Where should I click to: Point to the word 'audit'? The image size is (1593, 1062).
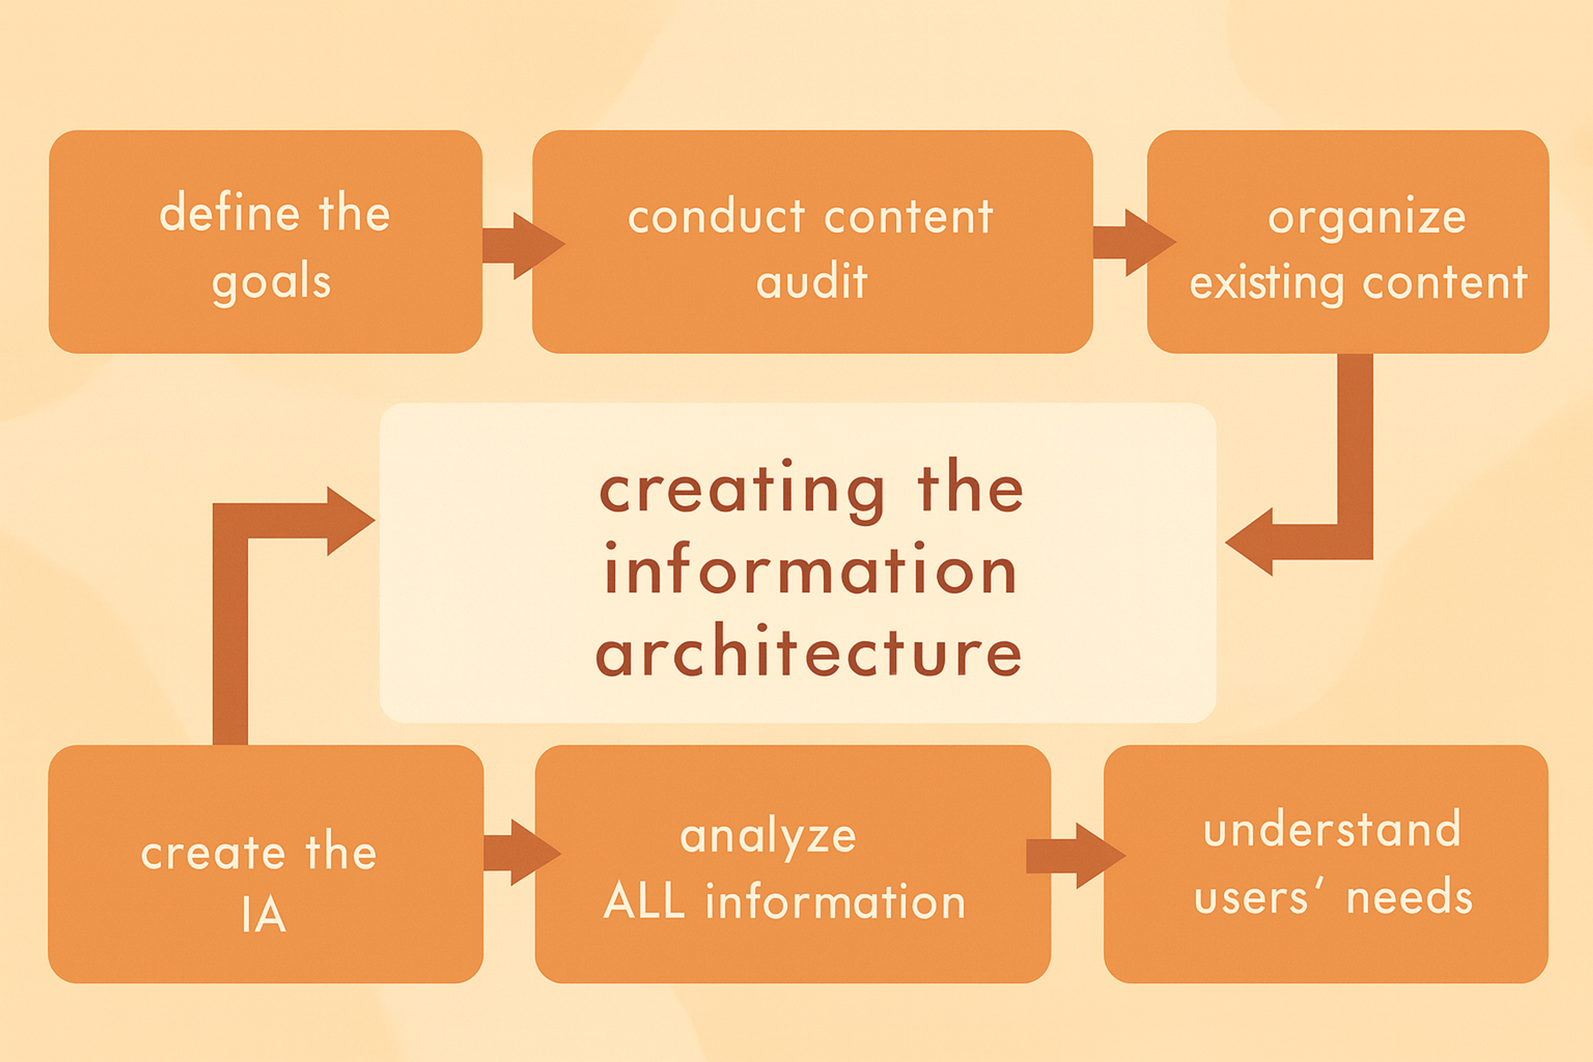point(811,281)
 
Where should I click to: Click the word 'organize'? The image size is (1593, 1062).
point(1367,218)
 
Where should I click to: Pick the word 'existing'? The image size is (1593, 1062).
point(1266,283)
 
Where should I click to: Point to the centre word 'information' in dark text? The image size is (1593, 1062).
point(810,571)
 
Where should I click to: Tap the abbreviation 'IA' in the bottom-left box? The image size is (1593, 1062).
point(264,915)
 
